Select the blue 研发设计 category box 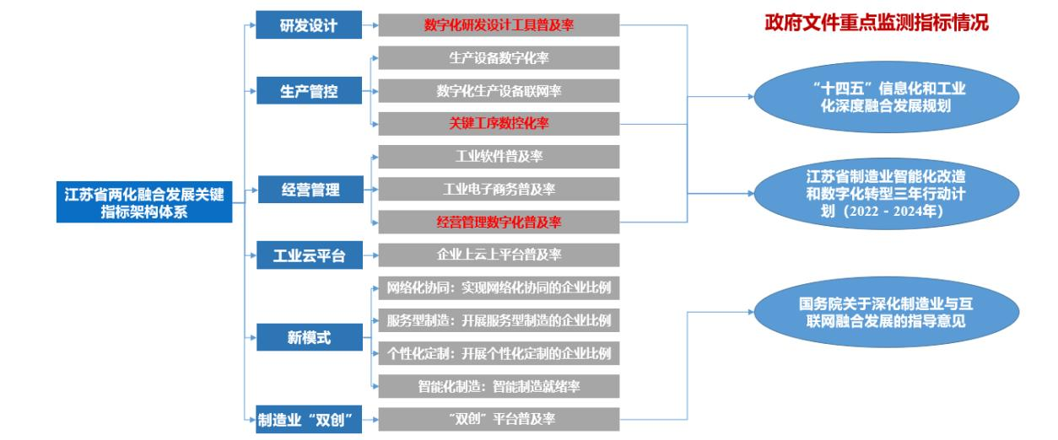(308, 25)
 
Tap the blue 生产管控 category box (308, 91)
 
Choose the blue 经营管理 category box (308, 190)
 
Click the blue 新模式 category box (308, 338)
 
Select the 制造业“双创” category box (308, 420)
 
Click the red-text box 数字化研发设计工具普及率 (499, 25)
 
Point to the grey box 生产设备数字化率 (499, 58)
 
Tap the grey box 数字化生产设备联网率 (499, 91)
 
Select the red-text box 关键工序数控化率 (499, 124)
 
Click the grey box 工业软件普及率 (499, 157)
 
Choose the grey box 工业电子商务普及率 (499, 190)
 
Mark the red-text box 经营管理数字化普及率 (499, 223)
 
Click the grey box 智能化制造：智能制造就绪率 (499, 386)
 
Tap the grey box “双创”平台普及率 (499, 419)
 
